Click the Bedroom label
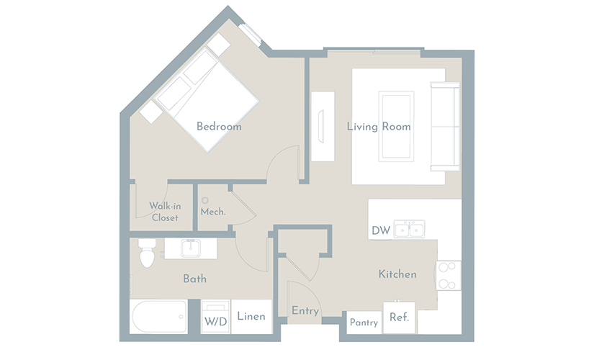tap(219, 126)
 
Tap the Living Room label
tap(379, 126)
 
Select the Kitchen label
tap(397, 274)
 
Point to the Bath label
tap(194, 279)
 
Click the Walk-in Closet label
tap(165, 212)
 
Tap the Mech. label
tap(213, 212)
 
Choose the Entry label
tap(305, 311)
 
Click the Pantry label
tap(364, 323)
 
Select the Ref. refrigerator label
tap(400, 317)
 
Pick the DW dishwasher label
tap(381, 230)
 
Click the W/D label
tap(215, 322)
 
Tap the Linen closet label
tap(251, 316)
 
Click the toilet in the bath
tap(147, 253)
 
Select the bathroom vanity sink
tap(191, 248)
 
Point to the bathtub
tap(158, 317)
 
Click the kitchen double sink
tap(409, 229)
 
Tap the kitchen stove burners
tap(448, 276)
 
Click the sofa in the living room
tap(445, 127)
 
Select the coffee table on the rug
tap(396, 126)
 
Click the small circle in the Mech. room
tap(205, 200)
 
